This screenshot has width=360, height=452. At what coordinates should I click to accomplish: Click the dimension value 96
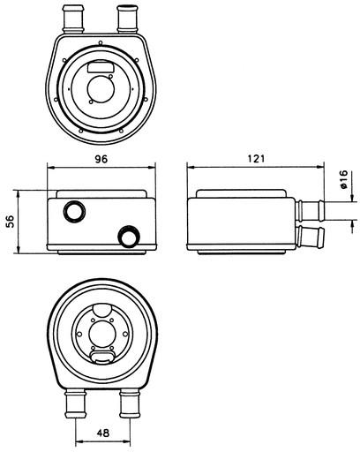101,159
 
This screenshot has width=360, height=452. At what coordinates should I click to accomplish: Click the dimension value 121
256,159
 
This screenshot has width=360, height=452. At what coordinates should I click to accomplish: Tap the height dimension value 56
11,222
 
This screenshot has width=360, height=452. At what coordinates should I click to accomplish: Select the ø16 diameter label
343,179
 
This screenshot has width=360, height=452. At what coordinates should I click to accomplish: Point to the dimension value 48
103,433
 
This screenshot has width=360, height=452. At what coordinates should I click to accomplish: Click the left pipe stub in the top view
73,19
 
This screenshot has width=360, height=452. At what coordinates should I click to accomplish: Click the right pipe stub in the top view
127,19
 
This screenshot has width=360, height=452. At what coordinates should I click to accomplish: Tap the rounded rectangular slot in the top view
101,67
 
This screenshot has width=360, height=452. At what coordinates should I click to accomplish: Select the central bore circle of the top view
101,89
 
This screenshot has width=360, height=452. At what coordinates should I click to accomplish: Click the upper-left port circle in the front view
74,212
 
